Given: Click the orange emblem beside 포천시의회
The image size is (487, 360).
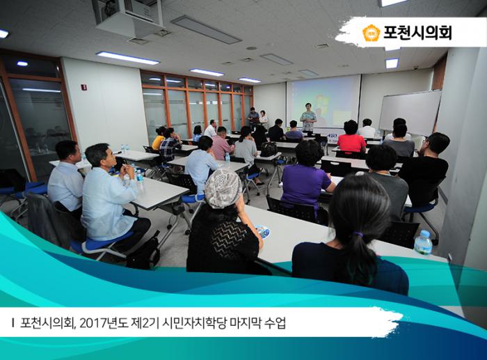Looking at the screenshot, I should point(372,33).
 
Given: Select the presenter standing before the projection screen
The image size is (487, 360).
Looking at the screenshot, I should point(308,118).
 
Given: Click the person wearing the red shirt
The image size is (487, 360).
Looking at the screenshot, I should point(351,139).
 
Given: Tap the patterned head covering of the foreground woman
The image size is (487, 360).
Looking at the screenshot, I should point(223,189).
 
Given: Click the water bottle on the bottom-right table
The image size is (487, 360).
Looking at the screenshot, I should point(422,243).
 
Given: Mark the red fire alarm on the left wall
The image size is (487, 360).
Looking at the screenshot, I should point(84,88).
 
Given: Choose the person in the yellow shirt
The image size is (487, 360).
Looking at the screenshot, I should point(159,139).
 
